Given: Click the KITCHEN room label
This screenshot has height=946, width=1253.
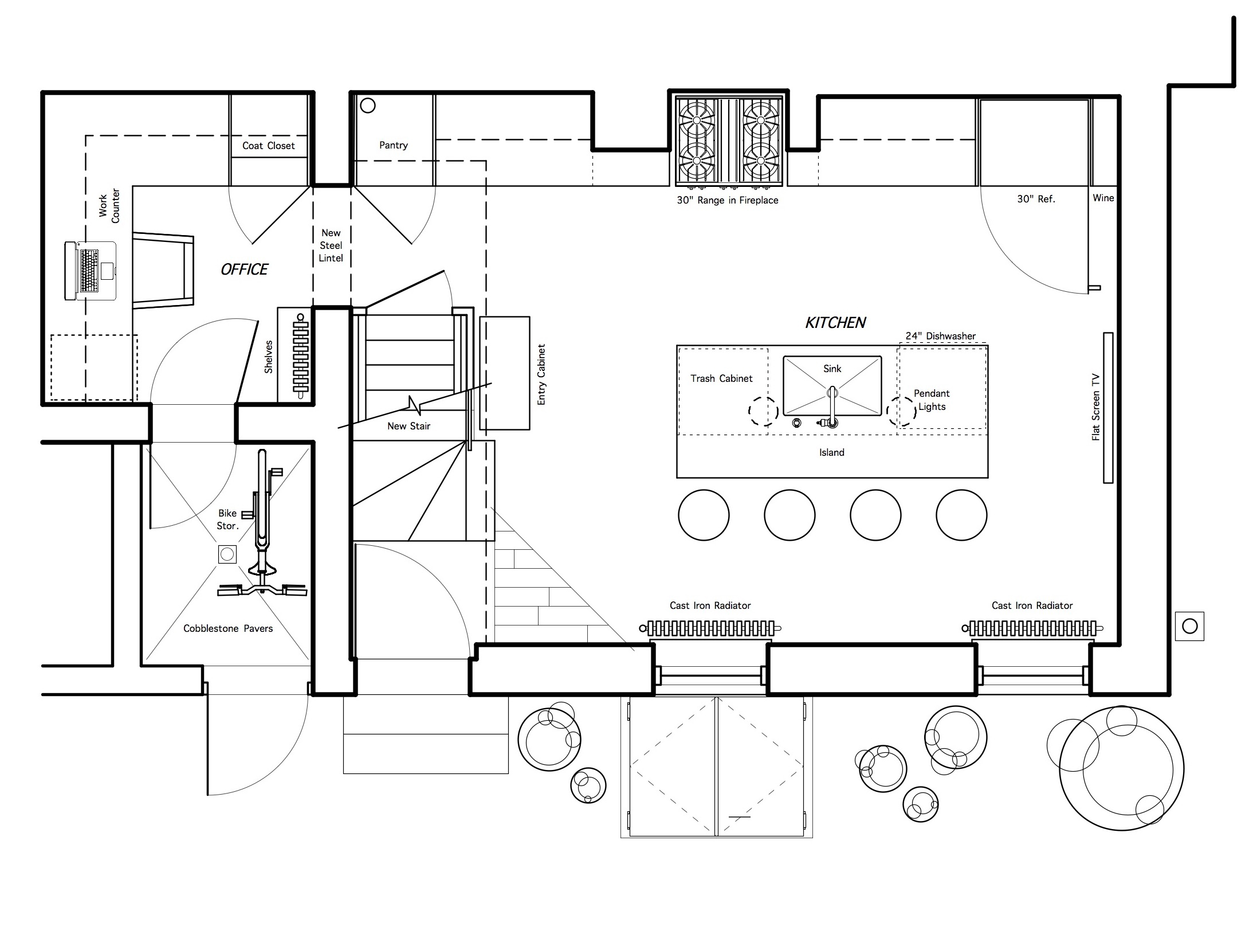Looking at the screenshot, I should pos(835,323).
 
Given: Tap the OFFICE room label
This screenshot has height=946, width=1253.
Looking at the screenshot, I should pos(244,269).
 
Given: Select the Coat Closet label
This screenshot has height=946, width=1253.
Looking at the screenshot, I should pos(268,146).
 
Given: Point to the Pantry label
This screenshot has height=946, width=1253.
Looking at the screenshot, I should pos(394,145).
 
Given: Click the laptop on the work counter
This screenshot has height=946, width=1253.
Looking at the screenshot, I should pos(91,271).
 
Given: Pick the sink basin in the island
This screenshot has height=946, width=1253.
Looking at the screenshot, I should pos(832,385).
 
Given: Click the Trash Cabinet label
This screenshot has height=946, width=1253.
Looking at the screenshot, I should pos(721,378).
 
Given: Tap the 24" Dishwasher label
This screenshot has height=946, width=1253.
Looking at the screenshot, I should pos(940,336).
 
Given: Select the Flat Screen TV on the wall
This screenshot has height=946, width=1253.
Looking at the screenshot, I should pos(1108,408).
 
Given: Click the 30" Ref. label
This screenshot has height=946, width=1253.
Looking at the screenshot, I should pos(1036,199).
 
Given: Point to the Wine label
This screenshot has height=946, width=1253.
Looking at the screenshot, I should pos(1103,198).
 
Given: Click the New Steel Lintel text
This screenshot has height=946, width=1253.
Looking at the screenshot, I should pos(331,245).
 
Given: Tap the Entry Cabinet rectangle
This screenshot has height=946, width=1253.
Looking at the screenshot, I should pos(505,373).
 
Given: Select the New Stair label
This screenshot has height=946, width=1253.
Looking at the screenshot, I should pos(408,426).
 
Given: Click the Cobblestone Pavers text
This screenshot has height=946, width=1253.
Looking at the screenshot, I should pos(228,628).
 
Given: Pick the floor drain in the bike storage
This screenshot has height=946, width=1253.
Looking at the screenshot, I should pos(227,554).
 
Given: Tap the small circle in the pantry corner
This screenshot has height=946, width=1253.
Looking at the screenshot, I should pos(367,105).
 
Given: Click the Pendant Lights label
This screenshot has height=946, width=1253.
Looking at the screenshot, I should pos(932,400).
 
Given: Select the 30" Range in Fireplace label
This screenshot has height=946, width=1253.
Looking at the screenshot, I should pos(728,200).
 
